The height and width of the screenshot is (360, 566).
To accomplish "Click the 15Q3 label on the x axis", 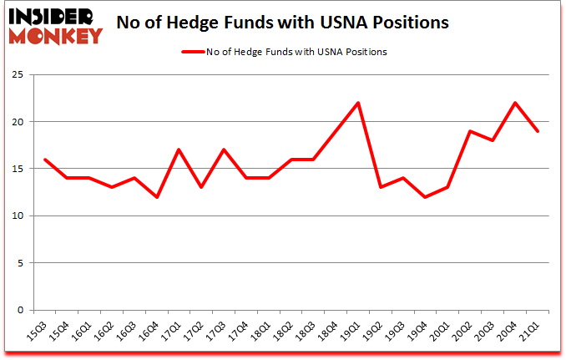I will pyautogui.click(x=38, y=332).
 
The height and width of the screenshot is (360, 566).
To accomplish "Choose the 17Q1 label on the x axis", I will pyautogui.click(x=172, y=332).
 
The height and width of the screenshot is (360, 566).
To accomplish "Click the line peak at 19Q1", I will pyautogui.click(x=358, y=103).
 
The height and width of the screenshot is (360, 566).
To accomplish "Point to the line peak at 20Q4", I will pyautogui.click(x=516, y=103).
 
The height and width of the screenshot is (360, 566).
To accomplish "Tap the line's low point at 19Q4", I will pyautogui.click(x=426, y=197).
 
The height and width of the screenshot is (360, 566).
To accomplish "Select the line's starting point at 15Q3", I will pyautogui.click(x=43, y=160).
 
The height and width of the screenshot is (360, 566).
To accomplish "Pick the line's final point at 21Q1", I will pyautogui.click(x=538, y=131).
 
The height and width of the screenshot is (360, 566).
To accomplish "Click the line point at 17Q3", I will pyautogui.click(x=223, y=150).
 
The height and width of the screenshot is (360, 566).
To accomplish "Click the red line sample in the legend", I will pyautogui.click(x=193, y=52).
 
